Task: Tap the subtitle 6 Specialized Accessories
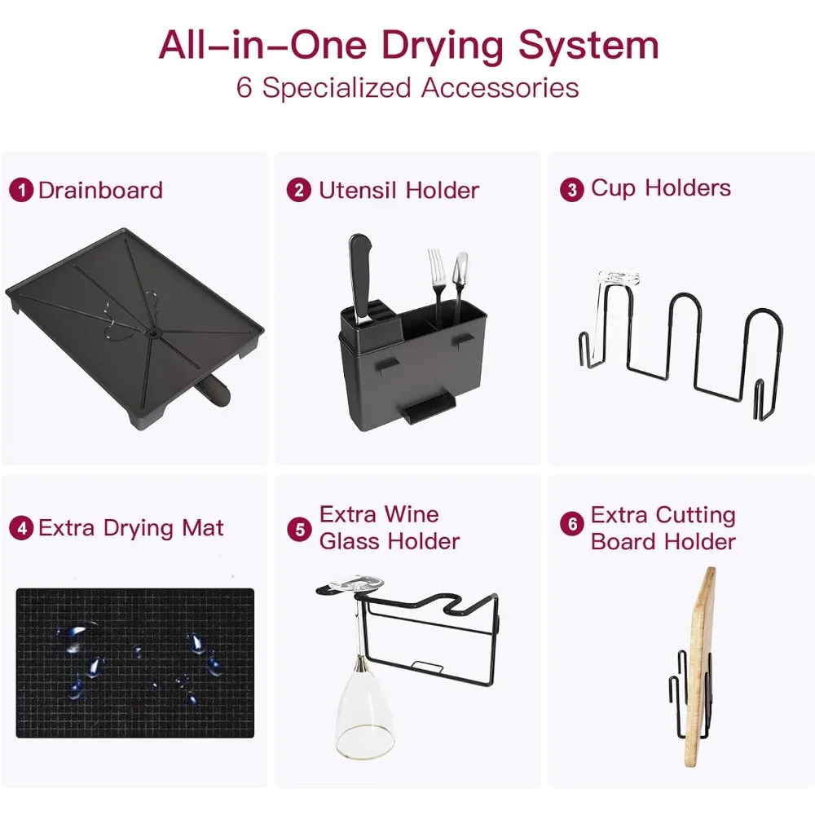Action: pos(407,88)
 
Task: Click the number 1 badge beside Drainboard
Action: pos(21,190)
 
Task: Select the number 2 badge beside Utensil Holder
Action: pos(299,190)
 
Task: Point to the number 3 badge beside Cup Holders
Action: pos(572,190)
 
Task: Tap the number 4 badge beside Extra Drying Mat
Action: pos(21,528)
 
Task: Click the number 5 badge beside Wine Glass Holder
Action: pos(300,530)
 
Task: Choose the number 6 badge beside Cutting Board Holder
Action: pos(572,523)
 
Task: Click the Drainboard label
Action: pos(100,190)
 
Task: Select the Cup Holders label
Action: pos(661,188)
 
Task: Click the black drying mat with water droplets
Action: pos(135,663)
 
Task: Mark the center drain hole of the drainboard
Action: pos(153,331)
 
